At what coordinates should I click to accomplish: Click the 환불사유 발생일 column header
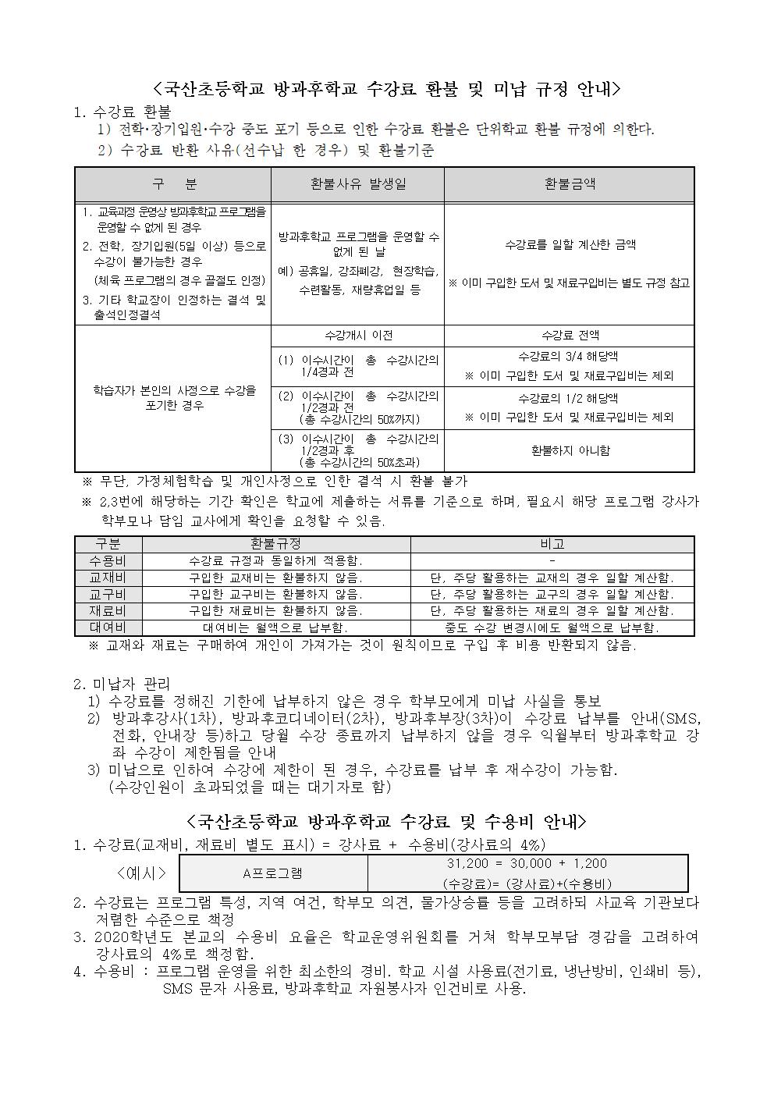pos(357,184)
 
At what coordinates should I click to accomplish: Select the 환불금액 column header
pos(569,184)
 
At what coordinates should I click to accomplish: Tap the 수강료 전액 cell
pos(569,336)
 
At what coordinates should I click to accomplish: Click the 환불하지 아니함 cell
pos(569,450)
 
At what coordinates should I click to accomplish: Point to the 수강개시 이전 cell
pos(357,336)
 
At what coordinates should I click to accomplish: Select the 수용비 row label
pos(108,561)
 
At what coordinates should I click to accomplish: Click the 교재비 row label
pos(108,578)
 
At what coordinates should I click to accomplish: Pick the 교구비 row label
pos(108,595)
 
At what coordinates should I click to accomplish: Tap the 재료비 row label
pos(108,611)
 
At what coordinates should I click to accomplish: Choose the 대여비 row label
pos(108,627)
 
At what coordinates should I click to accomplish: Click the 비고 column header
pos(552,544)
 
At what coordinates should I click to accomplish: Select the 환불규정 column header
pos(275,544)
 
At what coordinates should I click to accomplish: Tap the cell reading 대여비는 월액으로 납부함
pos(275,627)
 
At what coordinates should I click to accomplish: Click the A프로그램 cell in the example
pos(272,873)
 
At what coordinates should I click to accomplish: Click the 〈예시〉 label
pos(141,873)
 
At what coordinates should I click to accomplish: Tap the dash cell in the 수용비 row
pos(552,561)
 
